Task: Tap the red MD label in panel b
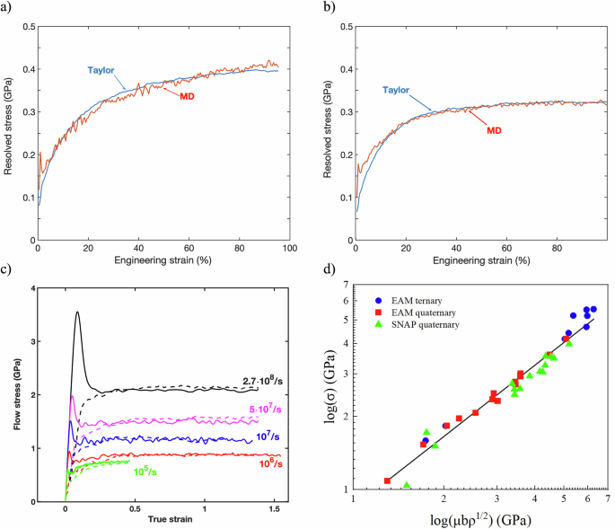[494, 130]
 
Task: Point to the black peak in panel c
[77, 313]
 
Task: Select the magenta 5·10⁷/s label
[254, 410]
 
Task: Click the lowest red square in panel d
[387, 481]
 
